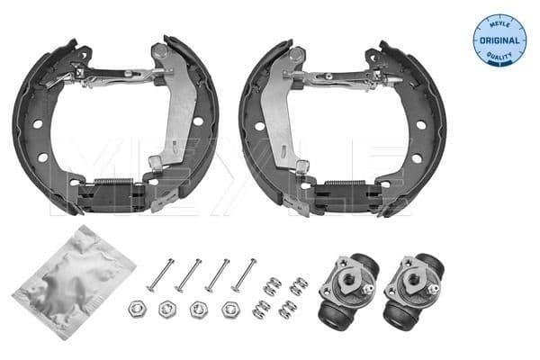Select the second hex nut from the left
click(x=166, y=310)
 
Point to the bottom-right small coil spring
click(x=287, y=309)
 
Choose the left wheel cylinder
click(x=346, y=289)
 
